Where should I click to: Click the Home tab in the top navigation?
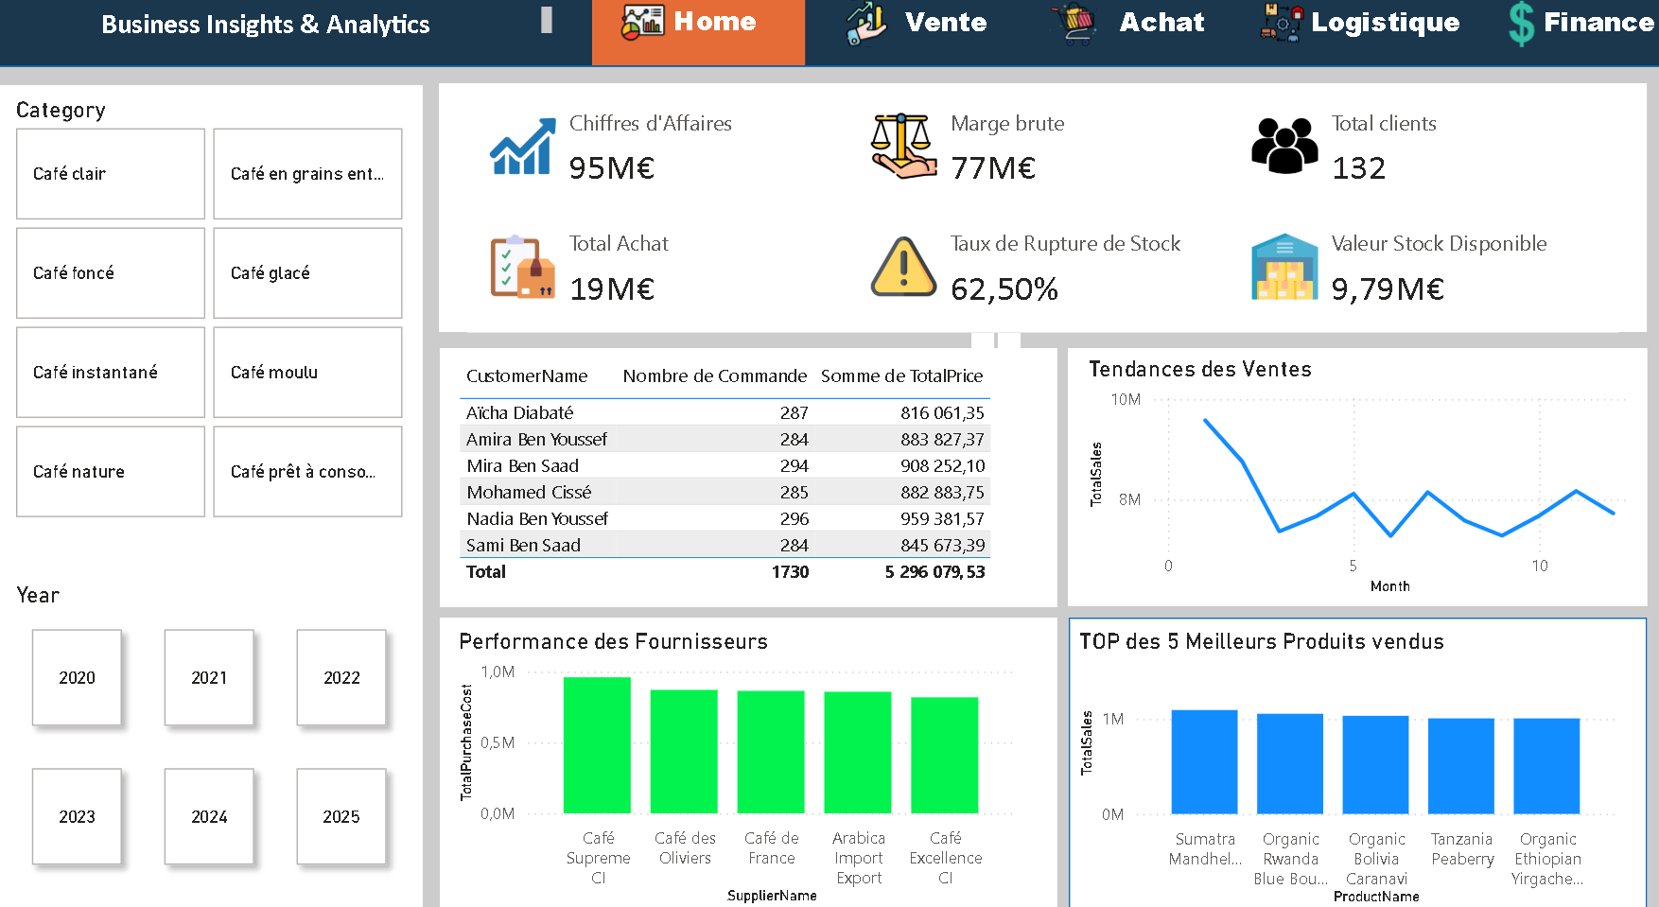point(698,23)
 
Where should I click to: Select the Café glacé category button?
point(307,273)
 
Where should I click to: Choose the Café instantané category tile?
point(111,373)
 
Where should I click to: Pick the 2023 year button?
point(77,816)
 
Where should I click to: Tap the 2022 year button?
point(341,677)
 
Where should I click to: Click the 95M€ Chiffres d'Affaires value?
point(611,168)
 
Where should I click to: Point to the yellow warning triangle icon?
point(903,268)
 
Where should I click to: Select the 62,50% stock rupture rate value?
point(1004,289)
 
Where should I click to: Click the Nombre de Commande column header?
point(714,376)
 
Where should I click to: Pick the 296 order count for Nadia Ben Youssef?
point(795,519)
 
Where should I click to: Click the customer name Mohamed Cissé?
point(529,493)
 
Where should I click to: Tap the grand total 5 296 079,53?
point(934,572)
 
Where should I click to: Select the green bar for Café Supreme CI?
point(597,745)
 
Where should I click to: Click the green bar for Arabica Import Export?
point(858,752)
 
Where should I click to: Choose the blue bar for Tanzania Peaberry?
point(1461,766)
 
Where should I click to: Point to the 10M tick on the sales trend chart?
point(1126,400)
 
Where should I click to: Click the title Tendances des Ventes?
point(1199,370)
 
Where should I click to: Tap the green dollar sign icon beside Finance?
point(1521,24)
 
